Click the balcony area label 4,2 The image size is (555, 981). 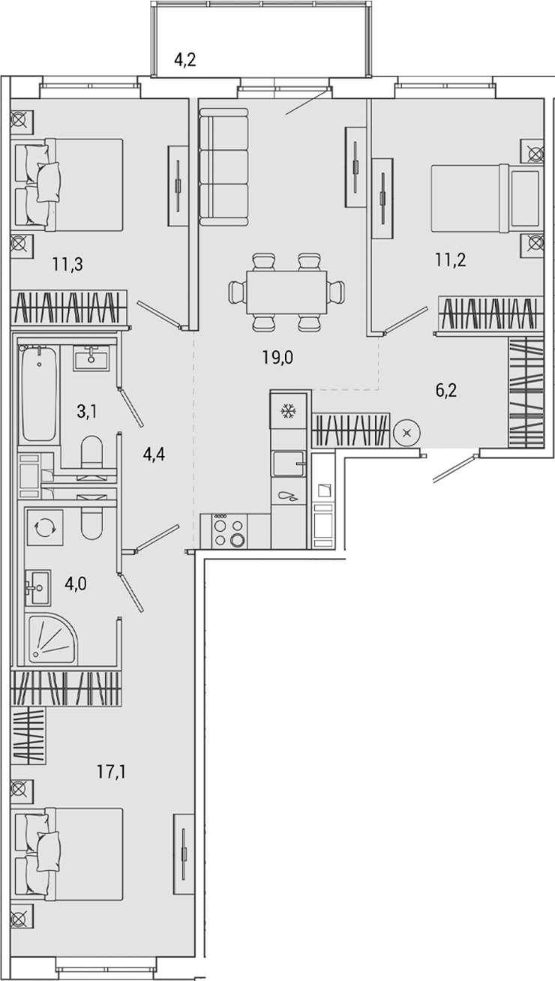pos(185,60)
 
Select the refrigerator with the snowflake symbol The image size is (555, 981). pos(288,410)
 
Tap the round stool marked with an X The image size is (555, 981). pos(406,432)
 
